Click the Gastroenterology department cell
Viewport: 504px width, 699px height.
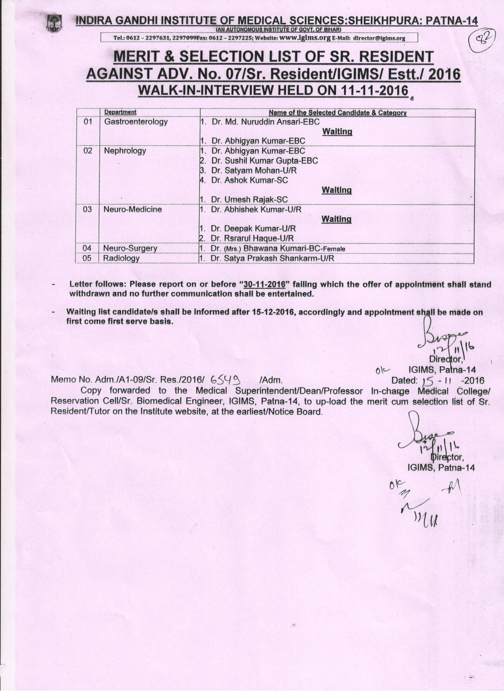(x=136, y=122)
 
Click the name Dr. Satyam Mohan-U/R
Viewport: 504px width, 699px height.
(x=254, y=170)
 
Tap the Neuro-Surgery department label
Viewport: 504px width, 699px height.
(x=130, y=248)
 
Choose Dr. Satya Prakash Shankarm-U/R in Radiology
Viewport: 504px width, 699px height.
(x=272, y=258)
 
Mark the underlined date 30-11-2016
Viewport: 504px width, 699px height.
(x=264, y=284)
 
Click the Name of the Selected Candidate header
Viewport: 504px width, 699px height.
(x=338, y=113)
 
